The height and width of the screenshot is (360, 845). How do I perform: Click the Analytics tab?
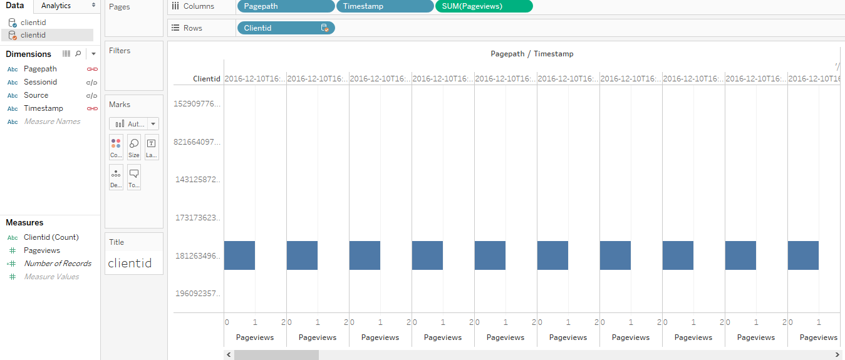coord(56,6)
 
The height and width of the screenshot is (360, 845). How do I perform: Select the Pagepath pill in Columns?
coord(286,6)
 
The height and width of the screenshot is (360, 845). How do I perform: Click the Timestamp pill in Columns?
coord(385,6)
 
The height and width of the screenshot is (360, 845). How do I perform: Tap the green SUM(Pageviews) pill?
coord(484,6)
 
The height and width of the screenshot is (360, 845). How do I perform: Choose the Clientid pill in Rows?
coord(286,28)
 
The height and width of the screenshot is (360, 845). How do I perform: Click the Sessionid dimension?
coord(40,82)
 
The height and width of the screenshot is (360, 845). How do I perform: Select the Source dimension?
coord(36,95)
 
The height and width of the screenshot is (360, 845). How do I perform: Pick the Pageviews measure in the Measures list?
coord(42,250)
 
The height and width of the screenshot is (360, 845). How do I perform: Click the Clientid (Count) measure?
coord(51,237)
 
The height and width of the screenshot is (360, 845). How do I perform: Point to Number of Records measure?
coord(58,264)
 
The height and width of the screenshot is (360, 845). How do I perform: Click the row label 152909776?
coord(197,104)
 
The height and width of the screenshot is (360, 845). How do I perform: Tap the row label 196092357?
coord(197,294)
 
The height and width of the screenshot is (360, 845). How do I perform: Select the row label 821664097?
coord(197,142)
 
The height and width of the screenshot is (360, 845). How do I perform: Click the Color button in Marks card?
coord(116,147)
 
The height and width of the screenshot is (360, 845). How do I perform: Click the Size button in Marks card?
coord(134,147)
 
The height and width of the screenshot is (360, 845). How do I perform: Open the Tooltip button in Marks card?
coord(134,177)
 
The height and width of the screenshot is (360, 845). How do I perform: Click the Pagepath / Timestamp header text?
coord(532,54)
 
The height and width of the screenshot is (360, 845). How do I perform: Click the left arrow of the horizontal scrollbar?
coord(229,355)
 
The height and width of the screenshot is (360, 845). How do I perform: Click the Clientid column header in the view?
coord(206,79)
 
